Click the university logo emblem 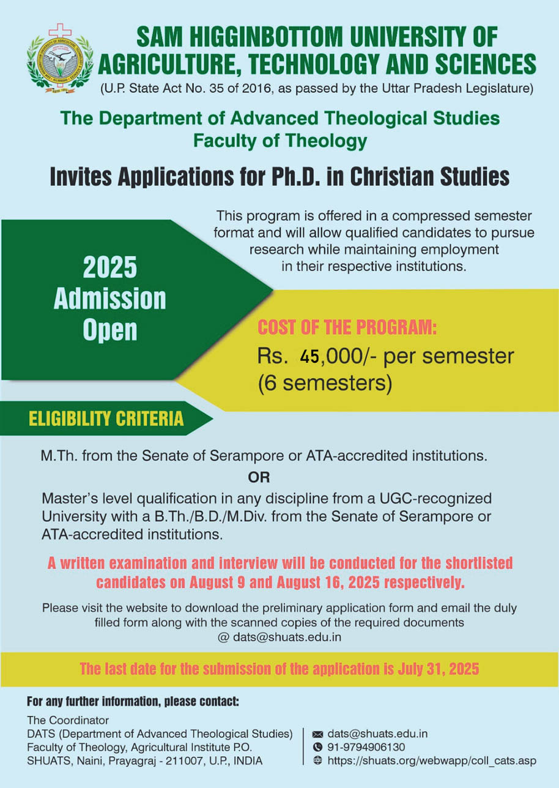tap(60, 63)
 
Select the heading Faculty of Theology tap(280, 141)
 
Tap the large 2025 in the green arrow tap(110, 268)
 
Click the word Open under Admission tap(110, 330)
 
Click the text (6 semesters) tap(325, 383)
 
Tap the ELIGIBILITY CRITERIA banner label tap(106, 418)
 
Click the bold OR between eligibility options tap(259, 477)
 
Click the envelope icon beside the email tap(317, 734)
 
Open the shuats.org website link tap(432, 760)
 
